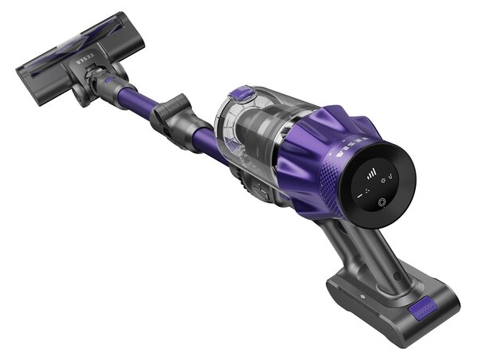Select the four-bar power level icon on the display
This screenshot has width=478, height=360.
point(371,174)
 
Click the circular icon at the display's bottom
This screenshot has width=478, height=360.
point(382,202)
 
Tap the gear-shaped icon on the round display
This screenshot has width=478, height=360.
point(383,181)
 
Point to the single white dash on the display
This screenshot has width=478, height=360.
point(360,196)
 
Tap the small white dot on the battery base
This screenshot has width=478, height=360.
point(362,296)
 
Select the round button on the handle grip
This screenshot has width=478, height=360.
point(398,276)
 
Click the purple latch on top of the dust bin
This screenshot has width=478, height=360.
point(241,93)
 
